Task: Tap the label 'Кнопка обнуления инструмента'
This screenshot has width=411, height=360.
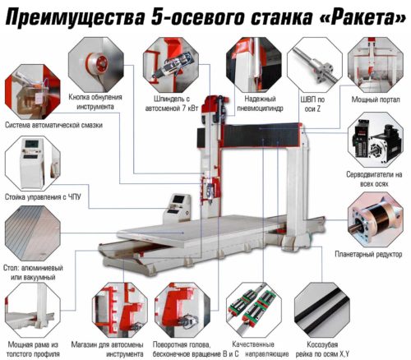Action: coord(95,102)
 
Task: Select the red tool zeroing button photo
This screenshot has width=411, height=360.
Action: coord(96,65)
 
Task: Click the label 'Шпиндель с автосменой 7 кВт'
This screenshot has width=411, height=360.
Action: coord(172,104)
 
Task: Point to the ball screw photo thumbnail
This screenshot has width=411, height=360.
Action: coord(315,65)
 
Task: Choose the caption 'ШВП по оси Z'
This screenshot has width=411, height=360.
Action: coord(312,104)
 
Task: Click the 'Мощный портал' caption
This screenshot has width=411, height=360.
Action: coord(376,99)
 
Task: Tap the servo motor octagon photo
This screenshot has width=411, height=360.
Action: coord(376,140)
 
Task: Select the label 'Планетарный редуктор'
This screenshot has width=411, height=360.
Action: coord(368,254)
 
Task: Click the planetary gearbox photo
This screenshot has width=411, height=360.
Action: coord(376,219)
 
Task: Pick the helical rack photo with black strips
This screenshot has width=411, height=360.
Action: coord(322,310)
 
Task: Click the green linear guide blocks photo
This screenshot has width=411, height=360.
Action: coord(254,310)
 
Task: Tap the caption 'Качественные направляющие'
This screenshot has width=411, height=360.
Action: coord(261,348)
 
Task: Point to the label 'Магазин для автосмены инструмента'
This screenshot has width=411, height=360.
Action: coord(107,348)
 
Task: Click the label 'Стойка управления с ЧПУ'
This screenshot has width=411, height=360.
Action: coord(43,196)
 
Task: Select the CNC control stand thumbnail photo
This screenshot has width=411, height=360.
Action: coord(33,164)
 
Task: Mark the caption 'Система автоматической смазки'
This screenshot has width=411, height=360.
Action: coord(53,125)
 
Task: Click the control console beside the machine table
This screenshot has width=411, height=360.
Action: coord(177,208)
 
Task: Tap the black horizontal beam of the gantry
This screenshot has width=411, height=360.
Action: coord(261,136)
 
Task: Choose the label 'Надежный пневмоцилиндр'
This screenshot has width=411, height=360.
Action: coord(260,104)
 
